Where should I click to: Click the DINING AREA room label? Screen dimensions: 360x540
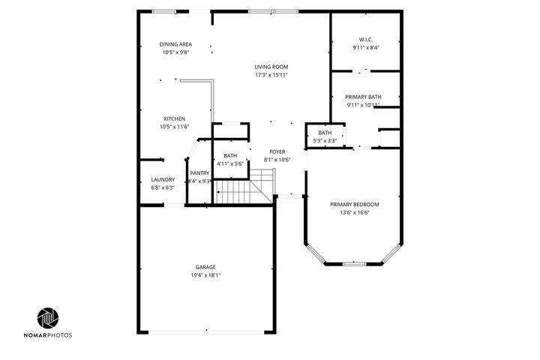pyautogui.click(x=175, y=44)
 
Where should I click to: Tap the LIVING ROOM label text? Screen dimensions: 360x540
pyautogui.click(x=271, y=67)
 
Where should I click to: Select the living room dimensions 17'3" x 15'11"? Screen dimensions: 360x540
pyautogui.click(x=271, y=75)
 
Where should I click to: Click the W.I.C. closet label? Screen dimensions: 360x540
pyautogui.click(x=365, y=40)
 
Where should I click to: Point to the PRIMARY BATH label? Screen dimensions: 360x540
pyautogui.click(x=363, y=97)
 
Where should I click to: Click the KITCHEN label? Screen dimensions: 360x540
pyautogui.click(x=175, y=119)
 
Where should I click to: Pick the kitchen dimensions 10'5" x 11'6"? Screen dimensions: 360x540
pyautogui.click(x=175, y=127)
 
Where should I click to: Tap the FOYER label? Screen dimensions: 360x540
pyautogui.click(x=277, y=151)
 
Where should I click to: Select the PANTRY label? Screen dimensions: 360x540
pyautogui.click(x=199, y=172)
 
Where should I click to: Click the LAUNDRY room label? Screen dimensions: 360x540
pyautogui.click(x=163, y=179)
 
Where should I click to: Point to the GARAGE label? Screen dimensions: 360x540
pyautogui.click(x=205, y=267)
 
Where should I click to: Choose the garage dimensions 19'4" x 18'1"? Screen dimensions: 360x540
pyautogui.click(x=205, y=275)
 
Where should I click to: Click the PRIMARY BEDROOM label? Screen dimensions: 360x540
pyautogui.click(x=354, y=204)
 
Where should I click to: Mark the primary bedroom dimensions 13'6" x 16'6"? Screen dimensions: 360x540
pyautogui.click(x=354, y=213)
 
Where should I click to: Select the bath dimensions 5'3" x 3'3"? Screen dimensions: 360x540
pyautogui.click(x=324, y=140)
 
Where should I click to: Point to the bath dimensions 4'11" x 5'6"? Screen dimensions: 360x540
pyautogui.click(x=229, y=163)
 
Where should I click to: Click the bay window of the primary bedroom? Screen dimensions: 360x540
pyautogui.click(x=354, y=263)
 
